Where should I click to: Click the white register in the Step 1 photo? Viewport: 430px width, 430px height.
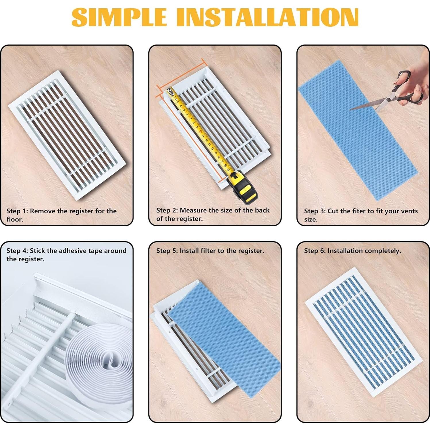coord(68,135)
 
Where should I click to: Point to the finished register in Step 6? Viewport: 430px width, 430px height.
coord(363,332)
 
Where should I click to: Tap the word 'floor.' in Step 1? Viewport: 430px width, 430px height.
coord(15,219)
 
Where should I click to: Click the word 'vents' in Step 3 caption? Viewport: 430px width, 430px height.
coord(409,211)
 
